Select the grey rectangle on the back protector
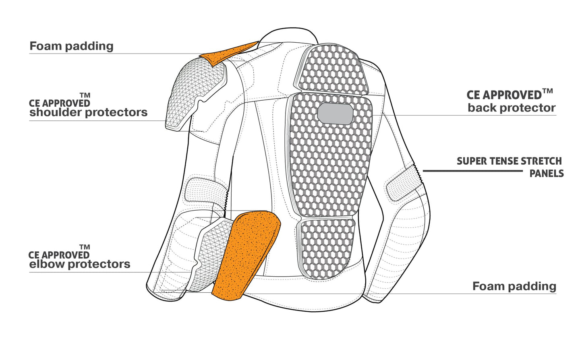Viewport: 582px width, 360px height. [335, 114]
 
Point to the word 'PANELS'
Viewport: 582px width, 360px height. [546, 174]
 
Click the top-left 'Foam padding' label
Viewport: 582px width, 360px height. [71, 46]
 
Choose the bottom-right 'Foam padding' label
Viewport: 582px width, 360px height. [514, 286]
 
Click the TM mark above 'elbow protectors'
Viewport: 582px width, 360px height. [85, 247]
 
